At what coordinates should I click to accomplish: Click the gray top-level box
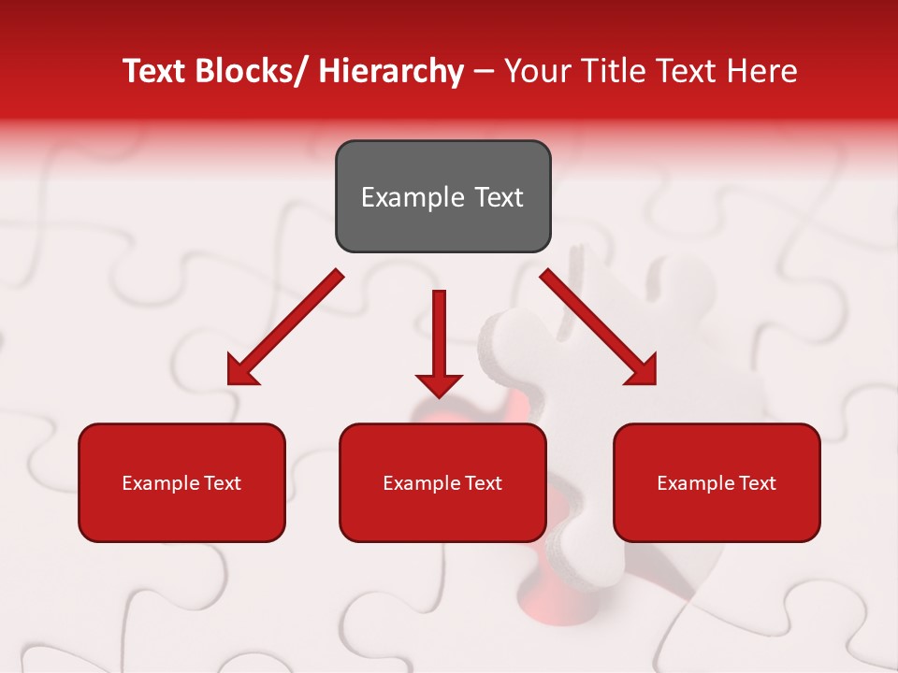(x=442, y=196)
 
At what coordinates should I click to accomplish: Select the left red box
(x=181, y=482)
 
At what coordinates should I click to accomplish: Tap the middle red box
(x=442, y=482)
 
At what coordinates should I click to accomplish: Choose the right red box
(x=717, y=482)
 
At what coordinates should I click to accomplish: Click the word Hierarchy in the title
(x=391, y=71)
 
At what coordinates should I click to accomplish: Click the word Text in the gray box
(x=499, y=197)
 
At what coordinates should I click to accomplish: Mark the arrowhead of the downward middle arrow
(x=439, y=383)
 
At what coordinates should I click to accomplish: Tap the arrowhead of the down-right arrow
(x=642, y=370)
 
